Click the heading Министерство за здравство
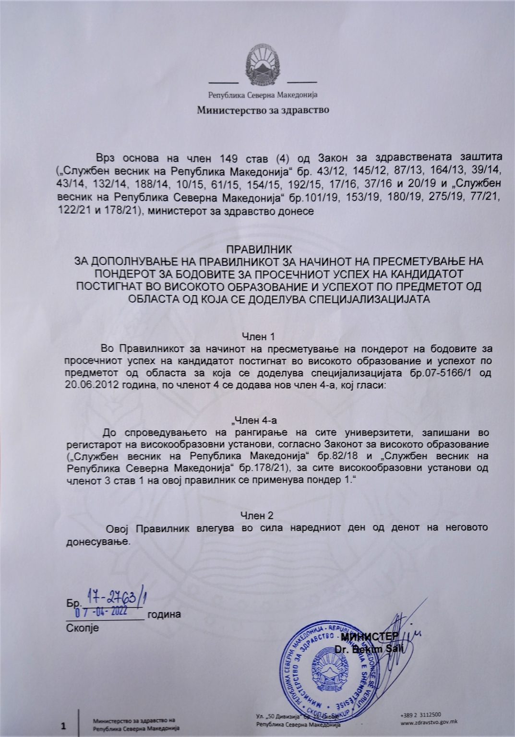pyautogui.click(x=263, y=110)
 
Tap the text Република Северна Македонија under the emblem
pyautogui.click(x=263, y=95)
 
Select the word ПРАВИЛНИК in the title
pyautogui.click(x=259, y=250)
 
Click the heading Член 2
pyautogui.click(x=257, y=515)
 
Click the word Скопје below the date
pyautogui.click(x=82, y=628)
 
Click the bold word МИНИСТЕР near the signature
pyautogui.click(x=370, y=637)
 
